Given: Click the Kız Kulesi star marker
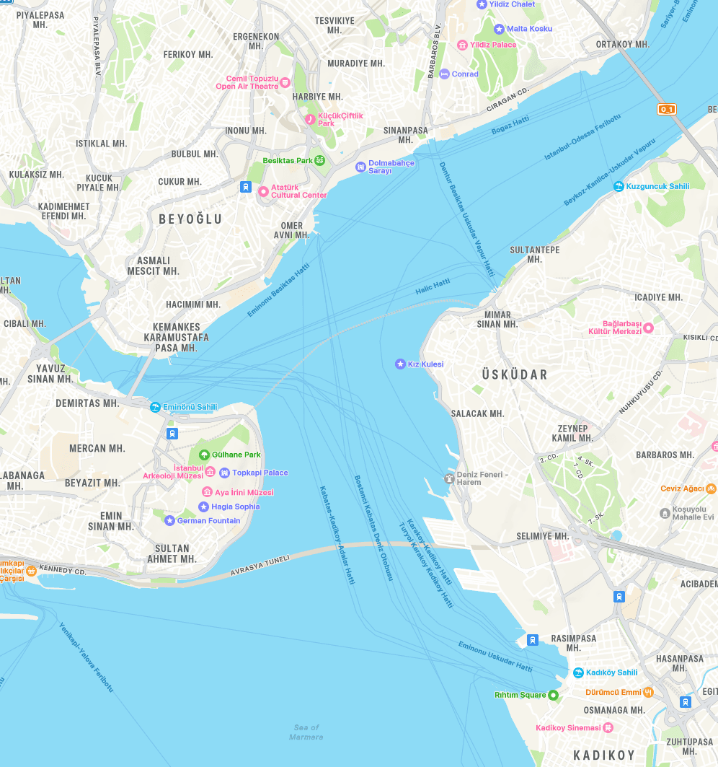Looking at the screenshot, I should pyautogui.click(x=400, y=364).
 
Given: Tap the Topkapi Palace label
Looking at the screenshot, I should pyautogui.click(x=260, y=473).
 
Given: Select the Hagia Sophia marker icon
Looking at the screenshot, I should pyautogui.click(x=204, y=507).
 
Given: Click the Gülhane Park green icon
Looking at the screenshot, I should pyautogui.click(x=204, y=455).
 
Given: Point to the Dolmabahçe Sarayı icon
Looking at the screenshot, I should pyautogui.click(x=360, y=167).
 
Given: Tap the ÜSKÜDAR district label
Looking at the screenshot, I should pyautogui.click(x=515, y=374).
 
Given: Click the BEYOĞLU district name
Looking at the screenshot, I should pyautogui.click(x=190, y=219).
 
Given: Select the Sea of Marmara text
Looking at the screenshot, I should pyautogui.click(x=306, y=732).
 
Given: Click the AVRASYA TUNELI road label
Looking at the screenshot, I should pyautogui.click(x=260, y=565).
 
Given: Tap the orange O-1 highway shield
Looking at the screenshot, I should pyautogui.click(x=666, y=110).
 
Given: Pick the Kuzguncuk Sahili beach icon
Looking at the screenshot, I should pyautogui.click(x=618, y=186).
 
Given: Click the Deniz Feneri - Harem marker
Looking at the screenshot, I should pyautogui.click(x=448, y=478).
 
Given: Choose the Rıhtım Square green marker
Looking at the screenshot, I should pyautogui.click(x=553, y=695).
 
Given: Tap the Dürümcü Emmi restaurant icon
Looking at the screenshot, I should pyautogui.click(x=648, y=692).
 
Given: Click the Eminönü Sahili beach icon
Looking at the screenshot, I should pyautogui.click(x=155, y=407).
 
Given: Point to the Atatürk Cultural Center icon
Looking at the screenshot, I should pyautogui.click(x=263, y=191).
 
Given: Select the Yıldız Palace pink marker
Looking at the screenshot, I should pyautogui.click(x=462, y=45).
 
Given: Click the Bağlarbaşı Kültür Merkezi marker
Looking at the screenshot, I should pyautogui.click(x=648, y=328).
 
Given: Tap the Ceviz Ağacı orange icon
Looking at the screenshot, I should pyautogui.click(x=711, y=488).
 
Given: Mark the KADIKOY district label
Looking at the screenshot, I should pyautogui.click(x=604, y=755).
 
